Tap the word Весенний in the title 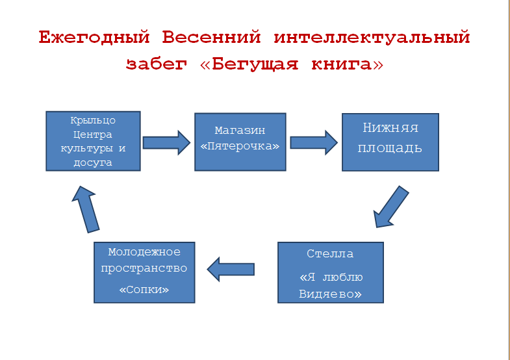click(x=211, y=38)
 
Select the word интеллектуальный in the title click(x=371, y=38)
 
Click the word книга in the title click(x=340, y=64)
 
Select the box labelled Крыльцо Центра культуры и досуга click(x=93, y=141)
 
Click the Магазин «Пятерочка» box click(x=240, y=141)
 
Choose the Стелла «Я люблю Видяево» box click(x=330, y=272)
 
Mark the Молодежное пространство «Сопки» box click(x=144, y=272)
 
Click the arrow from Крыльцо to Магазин click(x=166, y=142)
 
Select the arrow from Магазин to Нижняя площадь click(x=314, y=142)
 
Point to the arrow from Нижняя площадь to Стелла click(x=390, y=207)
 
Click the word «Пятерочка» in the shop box click(x=240, y=146)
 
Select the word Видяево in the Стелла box click(x=330, y=294)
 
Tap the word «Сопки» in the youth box click(x=144, y=289)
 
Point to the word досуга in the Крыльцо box click(x=93, y=162)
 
